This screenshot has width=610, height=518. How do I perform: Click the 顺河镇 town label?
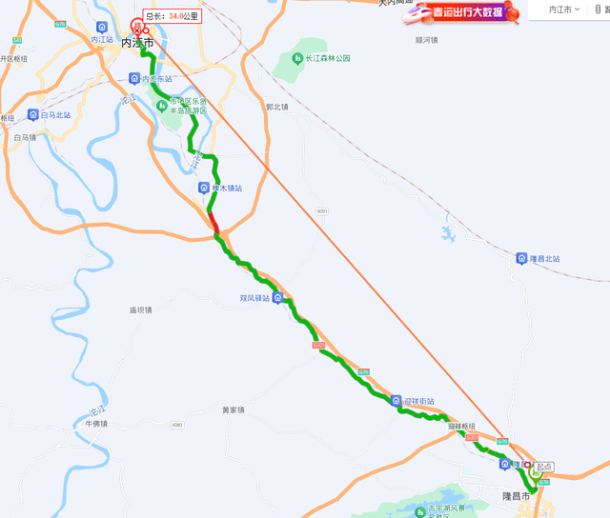[x=426, y=40]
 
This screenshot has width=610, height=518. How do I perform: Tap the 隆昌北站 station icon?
[x=521, y=258]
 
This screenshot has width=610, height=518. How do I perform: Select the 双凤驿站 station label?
[x=254, y=298]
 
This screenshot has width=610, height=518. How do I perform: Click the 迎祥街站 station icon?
[x=396, y=400]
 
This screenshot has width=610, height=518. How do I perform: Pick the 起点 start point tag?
[x=543, y=467]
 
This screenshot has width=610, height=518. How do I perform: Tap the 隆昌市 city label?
[x=515, y=496]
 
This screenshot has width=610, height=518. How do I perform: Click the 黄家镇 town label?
[x=234, y=410]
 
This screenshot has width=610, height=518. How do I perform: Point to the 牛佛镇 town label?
[x=96, y=424]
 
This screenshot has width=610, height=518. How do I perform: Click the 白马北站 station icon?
[x=33, y=115]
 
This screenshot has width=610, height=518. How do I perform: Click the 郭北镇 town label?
[x=276, y=107]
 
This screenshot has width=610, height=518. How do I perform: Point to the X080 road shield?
[x=176, y=425]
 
